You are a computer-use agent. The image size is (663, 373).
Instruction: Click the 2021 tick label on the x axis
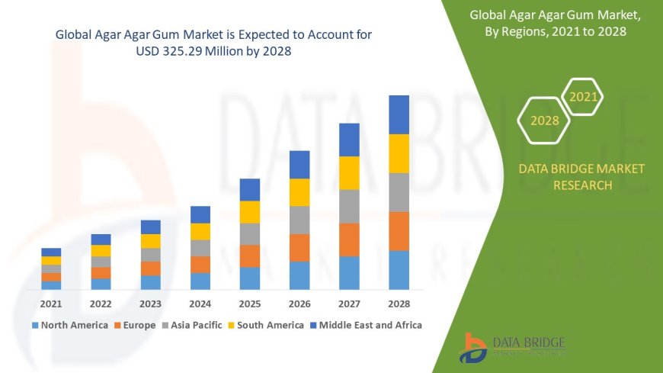pos(51,304)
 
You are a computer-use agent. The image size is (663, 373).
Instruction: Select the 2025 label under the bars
pos(250,304)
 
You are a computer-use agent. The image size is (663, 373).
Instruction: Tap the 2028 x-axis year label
pos(399,304)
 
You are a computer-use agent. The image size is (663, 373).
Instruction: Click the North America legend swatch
pos(35,325)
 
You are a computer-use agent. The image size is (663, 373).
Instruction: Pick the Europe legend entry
pos(136,325)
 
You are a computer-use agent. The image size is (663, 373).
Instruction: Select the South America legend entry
pos(267,325)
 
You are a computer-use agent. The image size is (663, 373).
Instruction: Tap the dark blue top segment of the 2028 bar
pos(399,114)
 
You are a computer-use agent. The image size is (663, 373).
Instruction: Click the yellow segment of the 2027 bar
pos(349,172)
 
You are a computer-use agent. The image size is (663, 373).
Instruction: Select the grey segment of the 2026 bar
pos(299,220)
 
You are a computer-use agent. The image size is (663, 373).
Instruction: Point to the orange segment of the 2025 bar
pos(250,256)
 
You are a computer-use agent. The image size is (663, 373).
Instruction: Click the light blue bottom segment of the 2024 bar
pos(200,281)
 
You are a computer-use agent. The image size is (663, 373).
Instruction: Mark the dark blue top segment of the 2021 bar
pos(51,252)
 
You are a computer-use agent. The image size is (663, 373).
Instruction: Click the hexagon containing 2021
pos(584,97)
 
